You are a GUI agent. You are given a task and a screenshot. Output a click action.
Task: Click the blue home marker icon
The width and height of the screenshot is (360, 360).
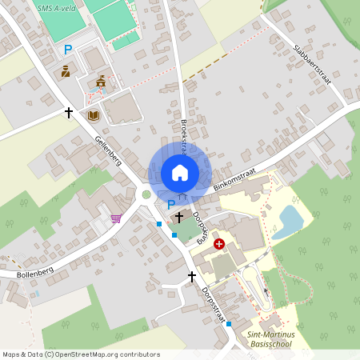pyautogui.click(x=179, y=173)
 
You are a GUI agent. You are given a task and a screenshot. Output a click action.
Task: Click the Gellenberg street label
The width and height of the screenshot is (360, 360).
pyautogui.click(x=108, y=150)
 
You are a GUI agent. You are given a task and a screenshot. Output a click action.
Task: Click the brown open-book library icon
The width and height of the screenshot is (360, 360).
pyautogui.click(x=94, y=116)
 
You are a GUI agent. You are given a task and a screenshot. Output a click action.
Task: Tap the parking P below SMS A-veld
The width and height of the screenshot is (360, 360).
pyautogui.click(x=68, y=50)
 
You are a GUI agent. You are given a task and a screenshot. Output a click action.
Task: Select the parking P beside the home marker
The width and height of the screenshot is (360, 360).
pyautogui.click(x=171, y=205)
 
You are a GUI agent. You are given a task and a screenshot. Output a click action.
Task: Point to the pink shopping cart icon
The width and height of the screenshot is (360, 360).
pyautogui.click(x=116, y=218)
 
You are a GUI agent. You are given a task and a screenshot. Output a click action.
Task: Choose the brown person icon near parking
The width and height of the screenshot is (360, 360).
pyautogui.click(x=66, y=71)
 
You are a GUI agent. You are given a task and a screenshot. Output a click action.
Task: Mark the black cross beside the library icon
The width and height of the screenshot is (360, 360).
pyautogui.click(x=69, y=113)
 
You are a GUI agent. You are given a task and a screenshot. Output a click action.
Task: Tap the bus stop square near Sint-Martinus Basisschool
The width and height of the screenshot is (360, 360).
pyautogui.click(x=229, y=323)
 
